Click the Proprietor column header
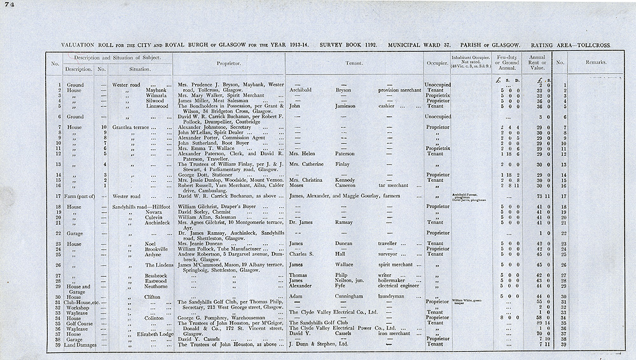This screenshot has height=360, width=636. point(228,64)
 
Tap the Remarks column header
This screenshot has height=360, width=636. point(597,63)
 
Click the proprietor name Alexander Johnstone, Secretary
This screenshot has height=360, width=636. point(213,128)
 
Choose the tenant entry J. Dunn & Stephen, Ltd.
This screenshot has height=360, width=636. point(319,345)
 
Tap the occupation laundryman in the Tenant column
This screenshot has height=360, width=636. point(394,296)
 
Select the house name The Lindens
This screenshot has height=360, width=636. point(159,265)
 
